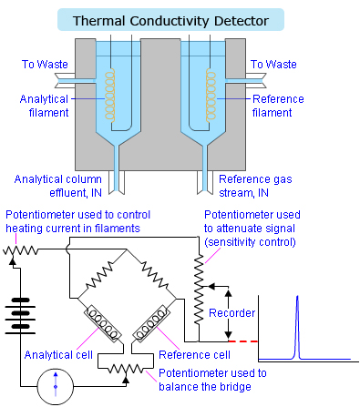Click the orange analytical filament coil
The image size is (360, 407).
pos(113,94)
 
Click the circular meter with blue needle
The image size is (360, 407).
pos(55,387)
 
